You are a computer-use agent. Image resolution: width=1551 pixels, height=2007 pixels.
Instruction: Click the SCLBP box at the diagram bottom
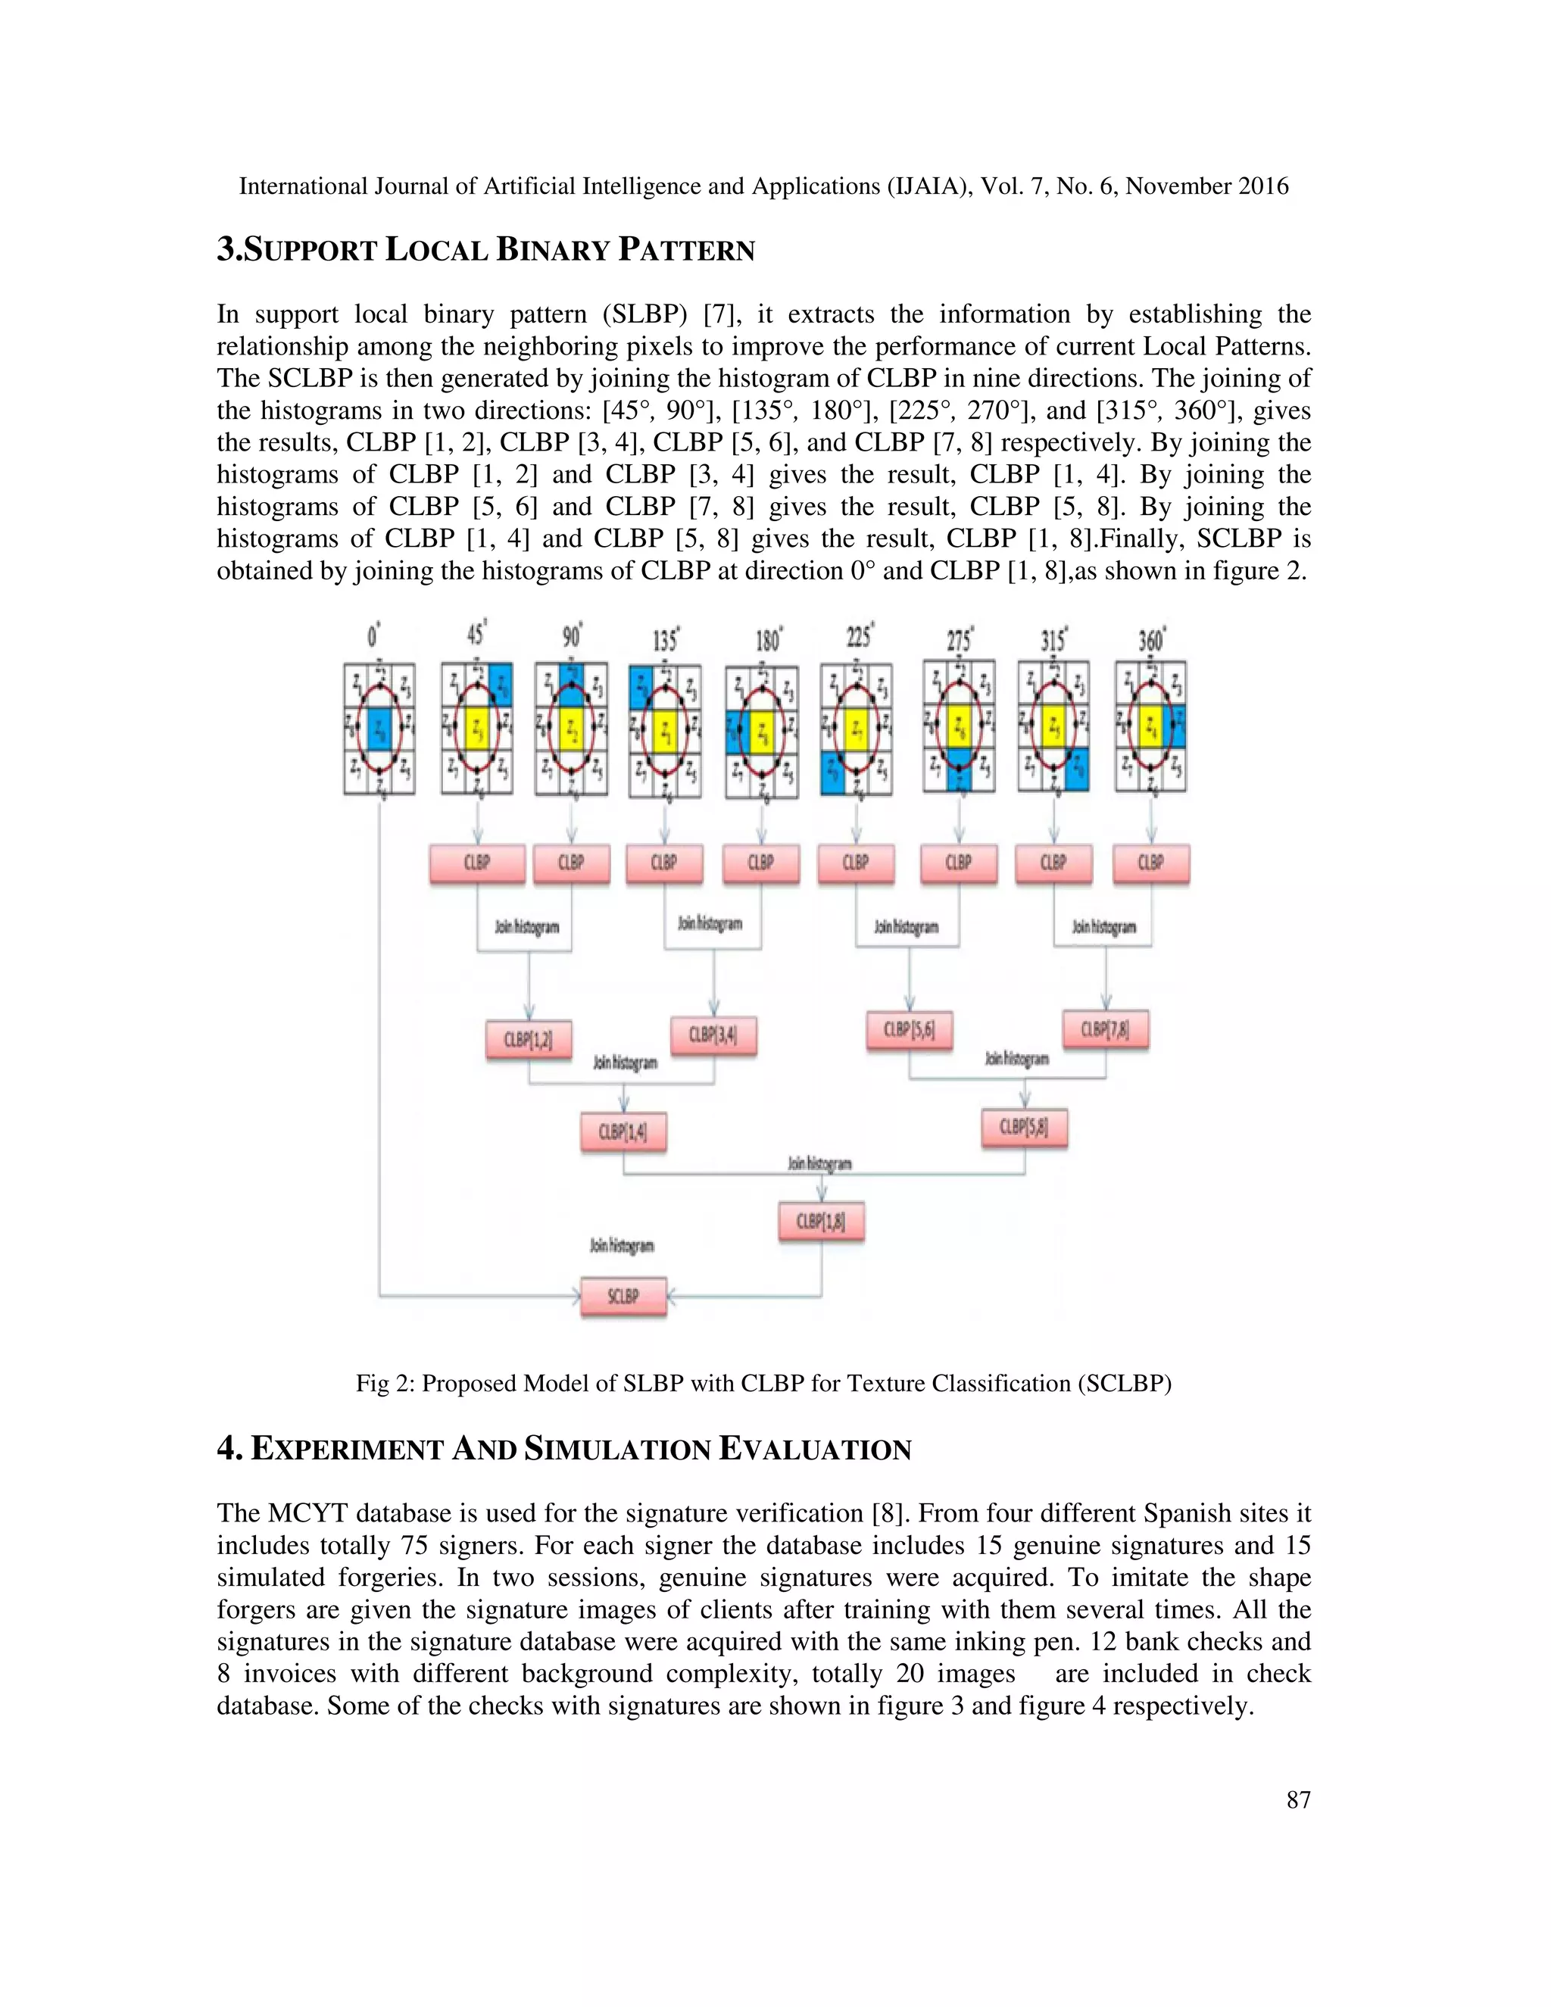click(623, 1297)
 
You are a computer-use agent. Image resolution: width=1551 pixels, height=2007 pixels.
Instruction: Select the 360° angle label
click(1151, 638)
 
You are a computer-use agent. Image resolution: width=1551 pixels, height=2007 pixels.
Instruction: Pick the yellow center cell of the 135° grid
click(665, 732)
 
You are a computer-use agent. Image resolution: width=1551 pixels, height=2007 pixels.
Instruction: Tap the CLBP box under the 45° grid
click(477, 863)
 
